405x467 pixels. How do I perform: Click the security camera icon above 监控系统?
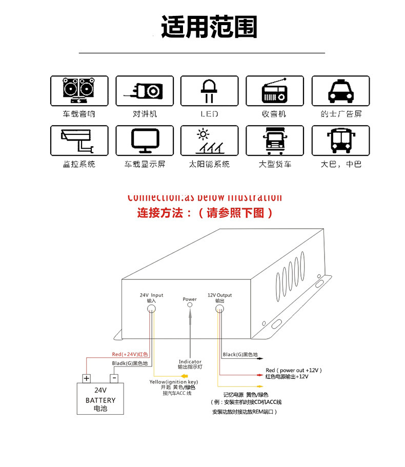tap(79, 140)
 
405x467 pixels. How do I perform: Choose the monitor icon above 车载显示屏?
tap(145, 140)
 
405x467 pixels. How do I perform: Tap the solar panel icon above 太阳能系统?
tap(209, 140)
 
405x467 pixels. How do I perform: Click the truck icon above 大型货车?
tap(275, 140)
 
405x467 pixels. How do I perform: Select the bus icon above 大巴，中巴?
tap(340, 140)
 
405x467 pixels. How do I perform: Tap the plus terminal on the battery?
tap(87, 378)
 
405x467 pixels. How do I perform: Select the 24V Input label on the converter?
tap(151, 295)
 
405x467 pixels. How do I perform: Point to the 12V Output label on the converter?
tap(219, 295)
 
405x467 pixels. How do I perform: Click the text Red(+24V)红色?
tap(130, 354)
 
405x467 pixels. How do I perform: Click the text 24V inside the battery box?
tap(100, 391)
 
